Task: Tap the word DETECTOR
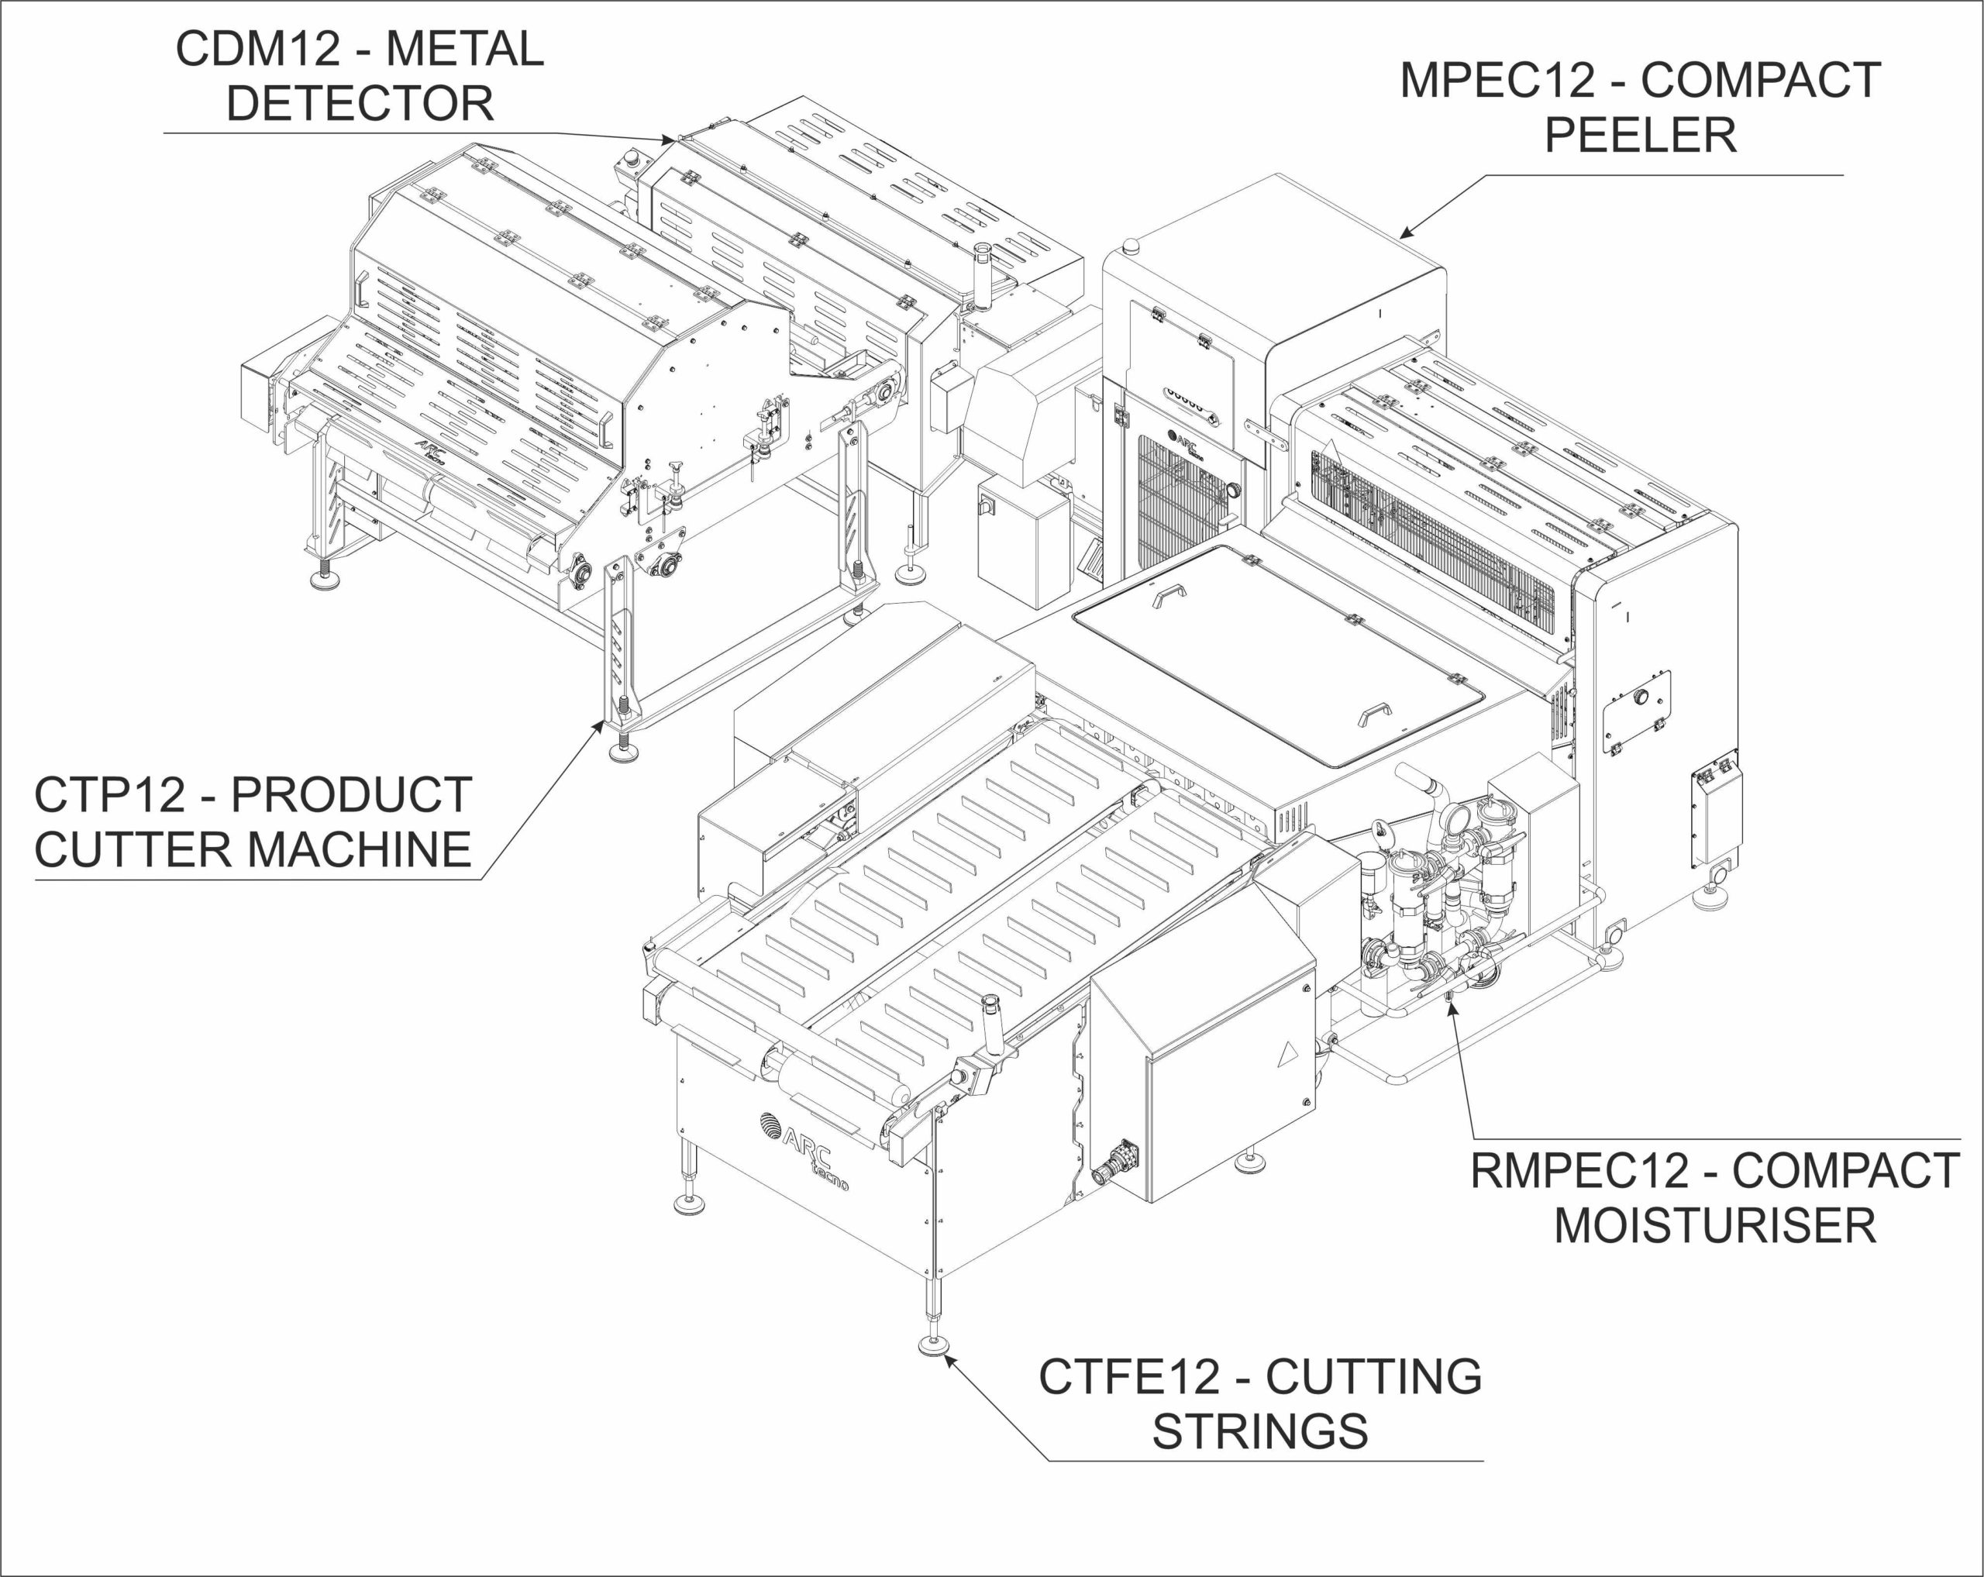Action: click(360, 103)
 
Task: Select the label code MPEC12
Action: click(1497, 81)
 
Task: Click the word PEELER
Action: click(1640, 136)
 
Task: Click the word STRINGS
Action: click(1260, 1431)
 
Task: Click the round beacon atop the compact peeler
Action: click(1131, 245)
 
